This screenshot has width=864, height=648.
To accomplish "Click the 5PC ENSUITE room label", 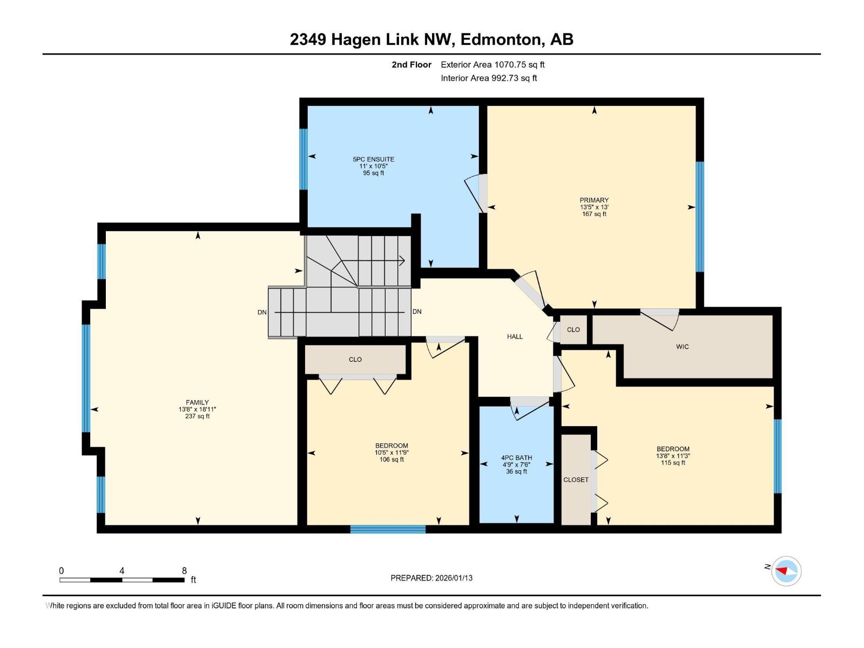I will (x=373, y=159).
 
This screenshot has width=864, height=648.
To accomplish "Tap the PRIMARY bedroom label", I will (x=594, y=200).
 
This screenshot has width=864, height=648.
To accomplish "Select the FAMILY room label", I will (x=197, y=402).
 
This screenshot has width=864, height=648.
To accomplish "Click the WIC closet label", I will (x=682, y=347).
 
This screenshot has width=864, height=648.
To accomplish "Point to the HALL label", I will (x=515, y=336).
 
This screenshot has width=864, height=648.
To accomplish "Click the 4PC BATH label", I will (x=516, y=458).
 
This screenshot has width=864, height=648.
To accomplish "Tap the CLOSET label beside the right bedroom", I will (x=576, y=480).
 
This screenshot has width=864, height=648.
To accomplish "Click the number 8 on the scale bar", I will (x=184, y=571).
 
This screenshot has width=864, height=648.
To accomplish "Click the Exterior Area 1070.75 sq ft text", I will (x=492, y=65).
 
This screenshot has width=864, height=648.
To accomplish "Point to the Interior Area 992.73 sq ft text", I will (x=489, y=78).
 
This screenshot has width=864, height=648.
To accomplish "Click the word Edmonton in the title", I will (x=502, y=39).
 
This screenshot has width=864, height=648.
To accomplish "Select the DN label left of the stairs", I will (x=262, y=313).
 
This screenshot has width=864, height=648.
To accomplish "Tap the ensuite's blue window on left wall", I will (x=303, y=159).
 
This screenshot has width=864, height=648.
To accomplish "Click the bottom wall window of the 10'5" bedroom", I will (x=388, y=529).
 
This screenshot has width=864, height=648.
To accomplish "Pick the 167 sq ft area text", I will (x=594, y=214).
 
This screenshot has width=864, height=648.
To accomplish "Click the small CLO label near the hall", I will (x=573, y=329).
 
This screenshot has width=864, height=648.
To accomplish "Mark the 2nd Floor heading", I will (x=411, y=65).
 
